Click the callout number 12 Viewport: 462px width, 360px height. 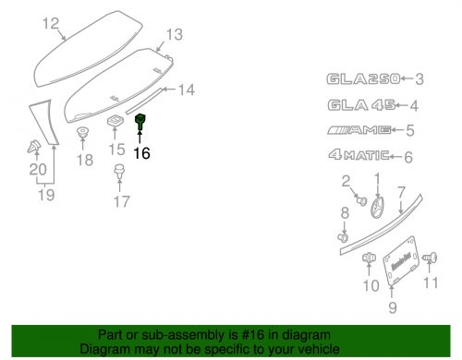click(x=50, y=23)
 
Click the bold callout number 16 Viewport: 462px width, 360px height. click(x=140, y=154)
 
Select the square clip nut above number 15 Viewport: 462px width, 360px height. click(x=115, y=124)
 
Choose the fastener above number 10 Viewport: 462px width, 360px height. click(x=370, y=259)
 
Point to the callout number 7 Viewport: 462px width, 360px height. click(x=401, y=192)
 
